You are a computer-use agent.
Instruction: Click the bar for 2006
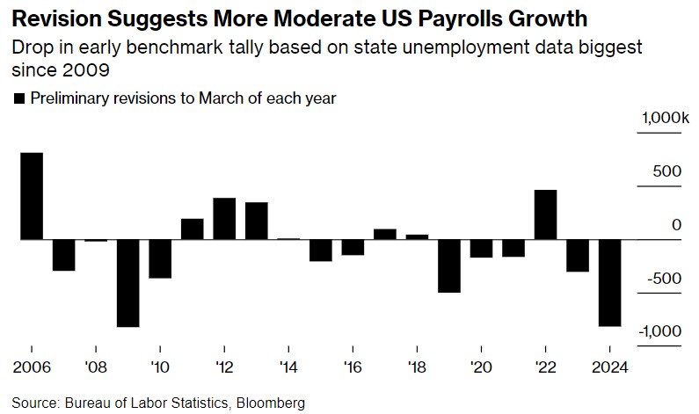point(32,196)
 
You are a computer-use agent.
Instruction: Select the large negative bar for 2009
point(128,282)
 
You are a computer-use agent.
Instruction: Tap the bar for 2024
point(609,282)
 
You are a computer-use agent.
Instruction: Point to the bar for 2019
point(449,265)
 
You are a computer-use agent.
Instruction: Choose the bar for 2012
point(224,219)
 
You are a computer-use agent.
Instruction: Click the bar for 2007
point(64,255)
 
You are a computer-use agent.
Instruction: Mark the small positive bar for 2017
point(385,234)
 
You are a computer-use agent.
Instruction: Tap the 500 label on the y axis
point(667,171)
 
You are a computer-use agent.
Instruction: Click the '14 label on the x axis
point(288,367)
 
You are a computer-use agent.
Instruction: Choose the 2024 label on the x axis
point(608,367)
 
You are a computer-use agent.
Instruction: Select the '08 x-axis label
point(96,367)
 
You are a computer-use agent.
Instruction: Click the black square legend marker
point(19,99)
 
